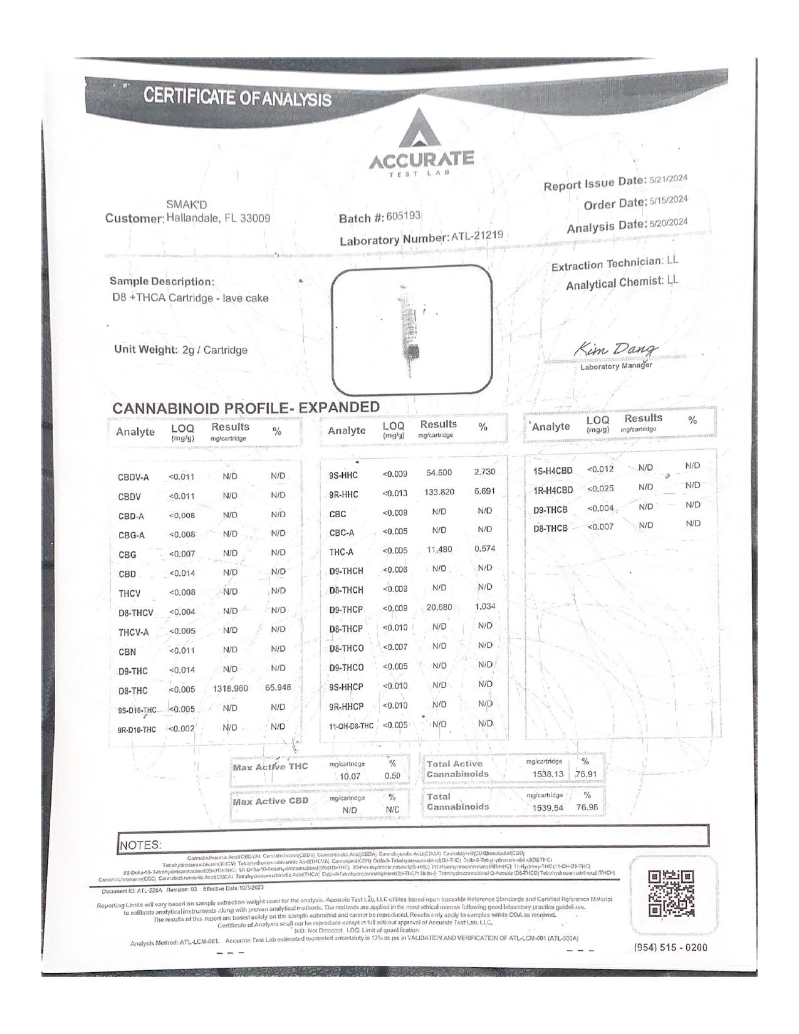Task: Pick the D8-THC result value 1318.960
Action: (230, 689)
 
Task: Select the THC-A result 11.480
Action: (439, 550)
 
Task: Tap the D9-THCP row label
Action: (346, 610)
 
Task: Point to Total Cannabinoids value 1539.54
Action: (548, 808)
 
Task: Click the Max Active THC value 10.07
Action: (350, 776)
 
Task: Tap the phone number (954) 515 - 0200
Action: (671, 947)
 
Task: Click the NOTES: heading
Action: (140, 845)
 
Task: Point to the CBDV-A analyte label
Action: (133, 478)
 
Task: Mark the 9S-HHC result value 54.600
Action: (439, 473)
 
